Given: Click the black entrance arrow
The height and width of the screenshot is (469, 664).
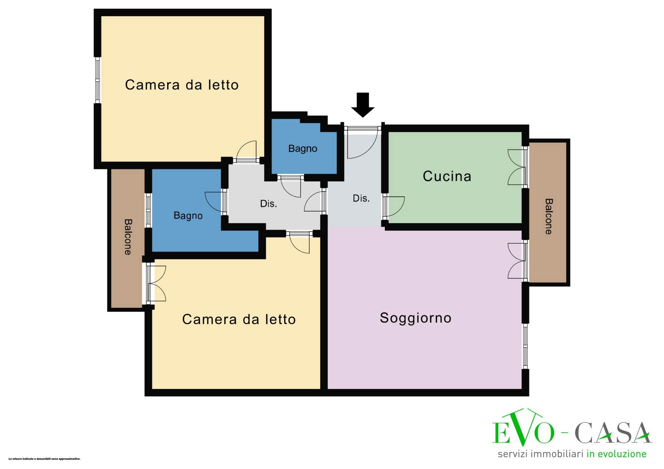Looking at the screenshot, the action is tap(363, 105).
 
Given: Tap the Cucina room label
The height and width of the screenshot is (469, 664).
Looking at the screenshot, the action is tap(447, 176).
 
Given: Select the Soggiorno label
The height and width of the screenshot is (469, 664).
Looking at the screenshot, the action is tap(415, 318).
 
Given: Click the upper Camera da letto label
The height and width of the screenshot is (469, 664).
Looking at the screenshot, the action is tap(182, 85).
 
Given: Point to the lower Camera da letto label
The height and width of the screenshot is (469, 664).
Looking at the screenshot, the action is tap(239, 319).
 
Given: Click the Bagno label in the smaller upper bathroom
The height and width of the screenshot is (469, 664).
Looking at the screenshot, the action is tap(303, 149).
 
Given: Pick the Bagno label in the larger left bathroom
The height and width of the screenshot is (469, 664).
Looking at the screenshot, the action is tap(188, 216).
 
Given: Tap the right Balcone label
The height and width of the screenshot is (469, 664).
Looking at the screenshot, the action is tap(548, 217).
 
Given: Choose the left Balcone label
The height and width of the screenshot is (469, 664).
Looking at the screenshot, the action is tap(128, 237).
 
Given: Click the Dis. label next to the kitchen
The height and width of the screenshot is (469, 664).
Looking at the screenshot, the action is tap(361, 198).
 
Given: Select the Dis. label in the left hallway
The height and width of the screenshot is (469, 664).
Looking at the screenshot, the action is tap(268, 204).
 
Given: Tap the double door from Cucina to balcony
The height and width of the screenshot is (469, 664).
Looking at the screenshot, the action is tap(517, 167).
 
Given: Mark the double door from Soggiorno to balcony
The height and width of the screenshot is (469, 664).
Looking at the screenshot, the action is tap(517, 261).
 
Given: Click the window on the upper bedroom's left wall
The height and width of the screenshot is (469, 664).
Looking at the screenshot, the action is tap(98, 80).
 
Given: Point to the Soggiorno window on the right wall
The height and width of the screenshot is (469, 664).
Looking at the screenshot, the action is tap(525, 346).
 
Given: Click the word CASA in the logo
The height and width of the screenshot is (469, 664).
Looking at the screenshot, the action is tap(613, 433).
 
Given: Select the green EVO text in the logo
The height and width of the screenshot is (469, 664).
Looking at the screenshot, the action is tap(523, 428).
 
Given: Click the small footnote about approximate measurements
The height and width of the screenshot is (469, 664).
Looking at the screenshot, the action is tap(44, 459).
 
